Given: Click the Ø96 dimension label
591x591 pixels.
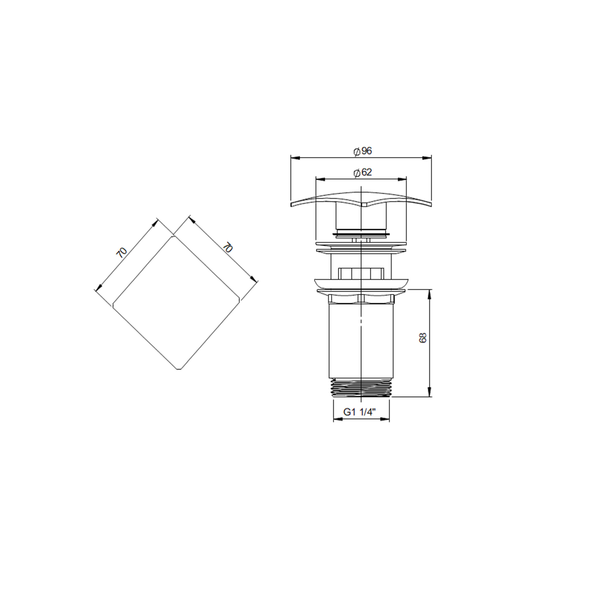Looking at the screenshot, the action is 362,151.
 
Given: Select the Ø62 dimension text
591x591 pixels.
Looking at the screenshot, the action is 362,173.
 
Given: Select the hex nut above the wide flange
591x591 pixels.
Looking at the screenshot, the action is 361,273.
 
